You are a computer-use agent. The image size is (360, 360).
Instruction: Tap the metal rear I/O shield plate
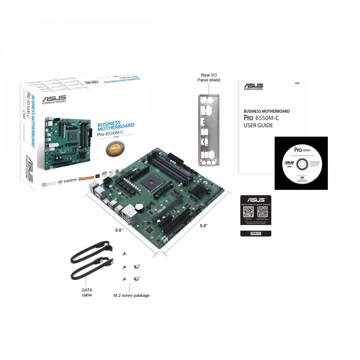[x=209, y=130]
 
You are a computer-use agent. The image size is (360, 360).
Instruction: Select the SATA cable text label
[x=87, y=292]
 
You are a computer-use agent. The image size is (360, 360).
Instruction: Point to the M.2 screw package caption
[x=131, y=295]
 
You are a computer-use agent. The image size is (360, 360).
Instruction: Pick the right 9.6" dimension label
[x=204, y=226]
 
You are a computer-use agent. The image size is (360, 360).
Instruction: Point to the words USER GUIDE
[x=258, y=126]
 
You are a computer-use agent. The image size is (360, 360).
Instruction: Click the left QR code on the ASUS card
[x=249, y=212]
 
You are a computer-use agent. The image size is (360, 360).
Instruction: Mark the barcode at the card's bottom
[x=256, y=234]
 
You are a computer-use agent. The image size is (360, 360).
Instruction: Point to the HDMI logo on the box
[x=70, y=180]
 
